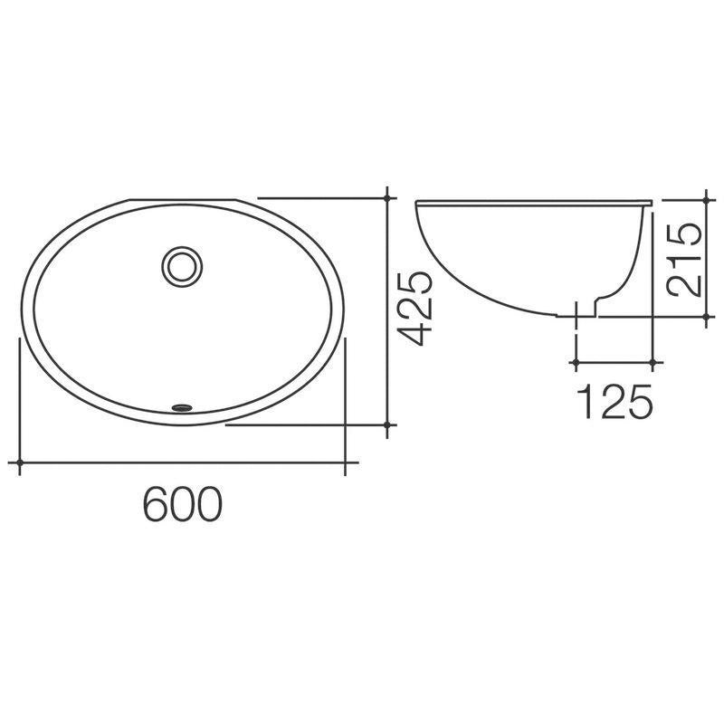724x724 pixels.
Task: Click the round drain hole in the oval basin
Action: point(184,266)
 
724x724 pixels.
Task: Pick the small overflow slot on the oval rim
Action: point(184,406)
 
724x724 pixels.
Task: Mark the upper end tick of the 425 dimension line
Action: point(388,197)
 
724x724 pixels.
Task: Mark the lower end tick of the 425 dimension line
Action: point(388,424)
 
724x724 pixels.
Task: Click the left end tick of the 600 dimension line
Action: point(20,463)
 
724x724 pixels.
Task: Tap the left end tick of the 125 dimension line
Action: point(575,363)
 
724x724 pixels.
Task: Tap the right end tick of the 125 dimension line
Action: point(654,363)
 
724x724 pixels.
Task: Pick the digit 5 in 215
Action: point(682,233)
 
